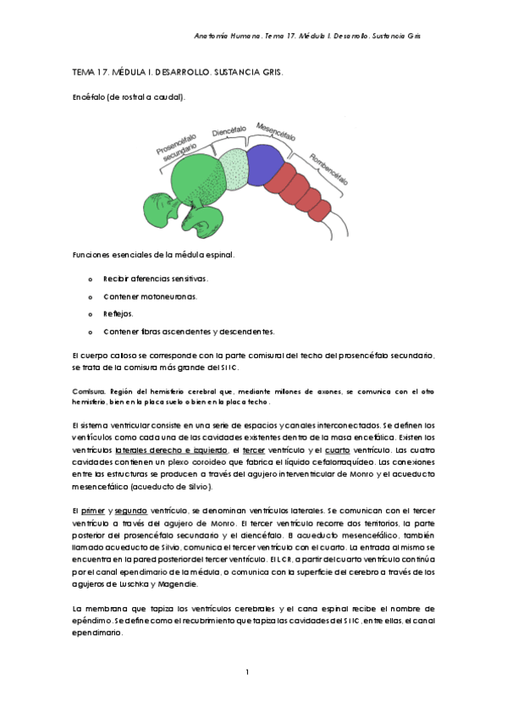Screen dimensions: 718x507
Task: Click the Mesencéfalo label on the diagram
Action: click(x=276, y=134)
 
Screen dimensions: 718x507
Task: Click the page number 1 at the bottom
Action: click(x=246, y=672)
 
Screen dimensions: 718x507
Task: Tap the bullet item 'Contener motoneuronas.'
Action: click(x=150, y=296)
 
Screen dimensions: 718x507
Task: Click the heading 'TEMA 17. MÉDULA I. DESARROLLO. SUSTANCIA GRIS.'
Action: click(x=177, y=73)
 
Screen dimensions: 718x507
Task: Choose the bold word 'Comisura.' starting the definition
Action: click(x=88, y=391)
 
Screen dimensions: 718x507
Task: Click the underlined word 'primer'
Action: click(x=92, y=513)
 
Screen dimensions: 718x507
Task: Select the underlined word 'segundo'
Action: click(x=132, y=513)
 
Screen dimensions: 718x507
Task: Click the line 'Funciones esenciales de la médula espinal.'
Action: click(x=152, y=255)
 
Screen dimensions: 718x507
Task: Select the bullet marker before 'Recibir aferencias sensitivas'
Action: click(x=91, y=279)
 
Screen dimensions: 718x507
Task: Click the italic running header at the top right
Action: click(x=308, y=37)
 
